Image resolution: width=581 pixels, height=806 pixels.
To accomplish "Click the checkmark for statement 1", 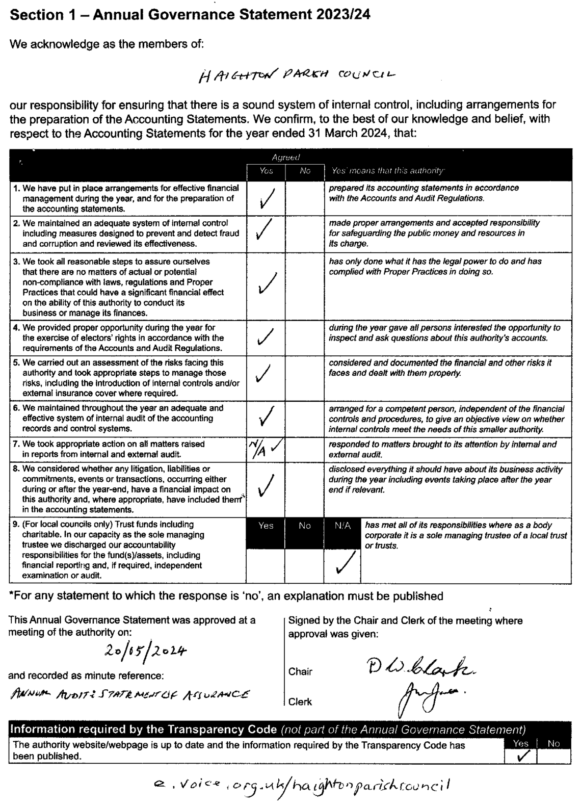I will (266, 198).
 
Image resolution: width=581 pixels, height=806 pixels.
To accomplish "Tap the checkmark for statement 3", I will (267, 283).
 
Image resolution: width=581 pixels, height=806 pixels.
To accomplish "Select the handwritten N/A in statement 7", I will (256, 449).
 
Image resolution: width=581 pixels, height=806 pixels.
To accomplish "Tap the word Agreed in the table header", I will (285, 158).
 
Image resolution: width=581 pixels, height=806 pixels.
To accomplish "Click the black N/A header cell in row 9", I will (343, 526).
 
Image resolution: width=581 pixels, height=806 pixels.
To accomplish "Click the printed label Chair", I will (301, 671).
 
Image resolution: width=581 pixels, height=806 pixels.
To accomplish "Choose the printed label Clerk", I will (300, 701).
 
